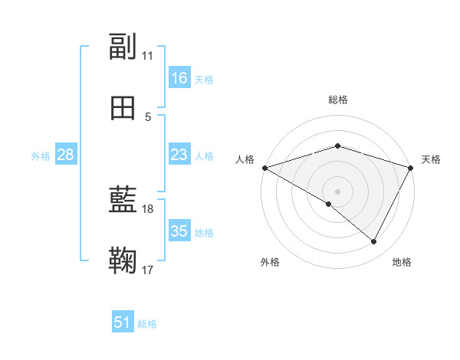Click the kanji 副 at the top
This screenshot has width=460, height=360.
(123, 47)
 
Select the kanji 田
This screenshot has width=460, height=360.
(123, 108)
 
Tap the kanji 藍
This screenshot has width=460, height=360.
(123, 201)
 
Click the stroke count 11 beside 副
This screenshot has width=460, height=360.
(148, 56)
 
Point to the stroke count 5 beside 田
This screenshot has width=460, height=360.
(148, 116)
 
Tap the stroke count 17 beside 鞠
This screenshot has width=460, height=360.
(148, 270)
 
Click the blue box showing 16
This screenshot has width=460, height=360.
(179, 78)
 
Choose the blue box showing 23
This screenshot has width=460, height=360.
(179, 155)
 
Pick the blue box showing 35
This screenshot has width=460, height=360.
(179, 231)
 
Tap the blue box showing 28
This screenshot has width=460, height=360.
(66, 155)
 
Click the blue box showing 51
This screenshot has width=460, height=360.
(123, 323)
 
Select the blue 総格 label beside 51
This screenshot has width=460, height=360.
(147, 324)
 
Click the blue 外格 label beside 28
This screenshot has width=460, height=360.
(41, 156)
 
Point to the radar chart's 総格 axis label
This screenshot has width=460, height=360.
(338, 100)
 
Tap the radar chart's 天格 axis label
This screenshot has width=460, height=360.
(432, 159)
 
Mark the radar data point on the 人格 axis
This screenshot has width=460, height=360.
(264, 168)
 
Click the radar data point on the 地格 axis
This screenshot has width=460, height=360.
(374, 242)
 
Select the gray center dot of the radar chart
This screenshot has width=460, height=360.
(338, 191)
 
